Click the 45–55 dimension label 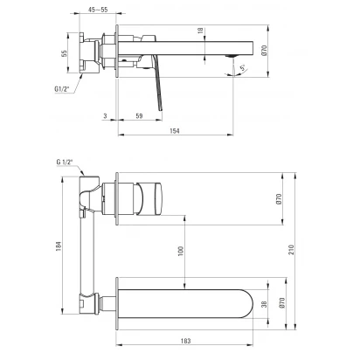point(98,10)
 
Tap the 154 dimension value point(175,131)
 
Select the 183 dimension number point(185,341)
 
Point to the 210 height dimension point(291,250)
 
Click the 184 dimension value point(59,246)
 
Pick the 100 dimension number point(181,252)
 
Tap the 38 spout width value point(264,304)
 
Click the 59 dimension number point(139,116)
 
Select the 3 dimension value point(105,116)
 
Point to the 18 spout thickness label point(200,31)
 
